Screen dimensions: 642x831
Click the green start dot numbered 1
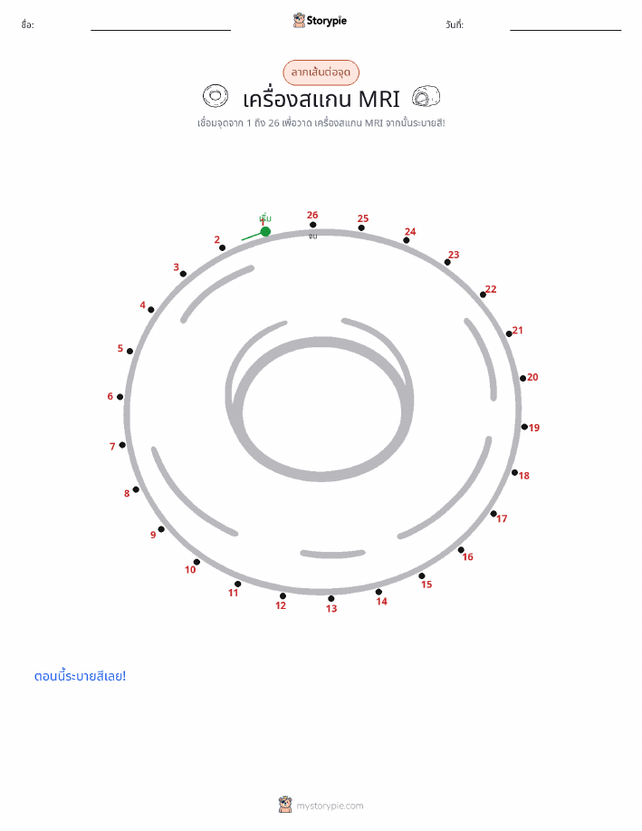point(265,231)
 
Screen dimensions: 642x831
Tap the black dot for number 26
point(313,225)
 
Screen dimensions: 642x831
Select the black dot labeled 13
point(331,598)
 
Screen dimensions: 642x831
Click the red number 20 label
point(532,377)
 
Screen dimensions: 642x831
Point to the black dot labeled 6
point(120,396)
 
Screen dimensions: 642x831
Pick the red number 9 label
point(153,535)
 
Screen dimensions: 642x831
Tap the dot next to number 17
point(493,514)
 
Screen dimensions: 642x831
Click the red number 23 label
point(454,255)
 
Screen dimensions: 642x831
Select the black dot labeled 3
point(183,274)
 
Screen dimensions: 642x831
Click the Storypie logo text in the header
point(326,21)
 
